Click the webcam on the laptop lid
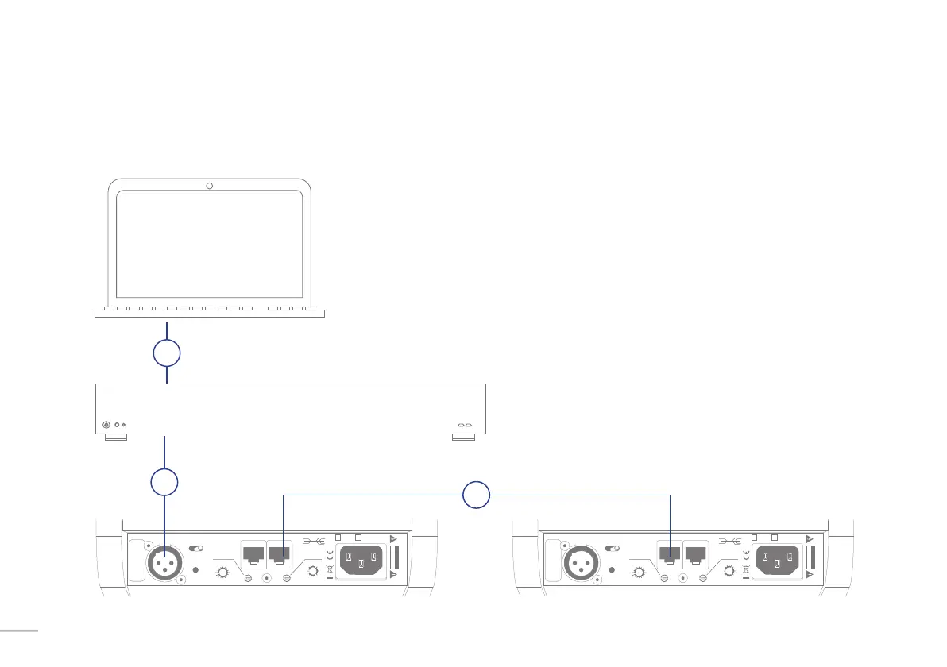pyautogui.click(x=209, y=186)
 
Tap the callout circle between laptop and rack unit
pyautogui.click(x=167, y=353)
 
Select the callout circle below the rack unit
pyautogui.click(x=164, y=483)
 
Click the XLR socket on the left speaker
pyautogui.click(x=164, y=565)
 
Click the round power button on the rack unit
pyautogui.click(x=108, y=425)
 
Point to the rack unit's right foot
pyautogui.click(x=462, y=438)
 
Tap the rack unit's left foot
pyautogui.click(x=115, y=438)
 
